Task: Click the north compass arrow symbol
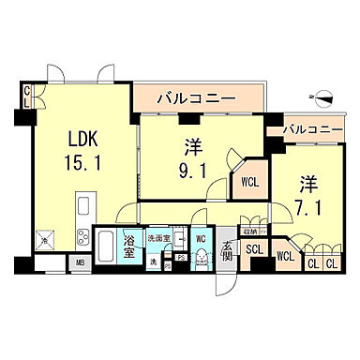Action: pos(322,96)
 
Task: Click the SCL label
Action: pos(254,249)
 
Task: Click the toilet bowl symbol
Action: pos(201,261)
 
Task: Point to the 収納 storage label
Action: pos(249,230)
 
